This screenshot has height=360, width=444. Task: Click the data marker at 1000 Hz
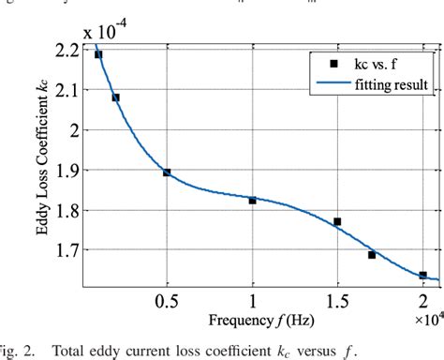point(98,54)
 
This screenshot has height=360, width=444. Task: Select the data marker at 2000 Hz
point(115,97)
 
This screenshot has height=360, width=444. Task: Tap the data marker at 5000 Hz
point(167,172)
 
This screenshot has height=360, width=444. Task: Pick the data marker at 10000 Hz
point(252,201)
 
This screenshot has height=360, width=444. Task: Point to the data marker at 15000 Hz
point(337,222)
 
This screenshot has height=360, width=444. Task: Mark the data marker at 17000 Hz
point(372,254)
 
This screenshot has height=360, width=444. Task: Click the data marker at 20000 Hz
point(422,276)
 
